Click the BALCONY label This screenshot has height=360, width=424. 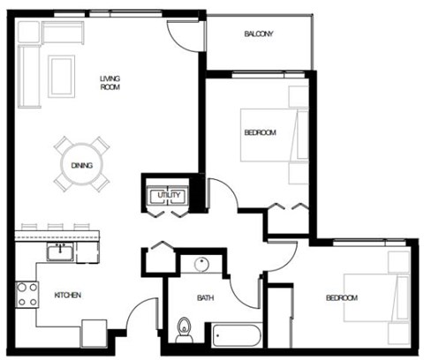click(x=259, y=34)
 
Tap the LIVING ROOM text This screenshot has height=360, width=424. click(x=110, y=83)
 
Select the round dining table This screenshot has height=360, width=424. click(x=81, y=164)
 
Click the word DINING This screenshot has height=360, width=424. click(x=81, y=165)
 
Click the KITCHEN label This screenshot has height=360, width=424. click(x=68, y=295)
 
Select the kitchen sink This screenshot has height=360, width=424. click(x=59, y=253)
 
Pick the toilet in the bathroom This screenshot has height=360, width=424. click(x=184, y=328)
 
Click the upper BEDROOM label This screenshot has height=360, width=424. click(x=260, y=132)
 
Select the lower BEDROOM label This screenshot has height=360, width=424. click(x=342, y=297)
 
